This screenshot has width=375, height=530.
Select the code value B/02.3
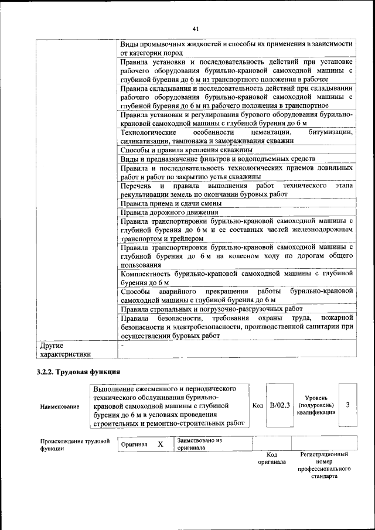point(279,405)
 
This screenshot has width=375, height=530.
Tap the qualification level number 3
point(348,405)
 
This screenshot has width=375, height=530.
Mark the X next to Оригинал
point(160,444)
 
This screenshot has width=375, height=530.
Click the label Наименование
point(60,406)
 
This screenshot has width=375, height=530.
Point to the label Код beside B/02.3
point(257,405)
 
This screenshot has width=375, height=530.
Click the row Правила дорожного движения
point(169,213)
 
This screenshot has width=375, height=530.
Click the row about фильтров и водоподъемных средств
point(218,159)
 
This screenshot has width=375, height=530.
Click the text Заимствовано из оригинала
point(200,444)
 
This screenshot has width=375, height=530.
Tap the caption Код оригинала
point(271,458)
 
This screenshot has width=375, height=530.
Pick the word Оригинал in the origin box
point(134,444)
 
